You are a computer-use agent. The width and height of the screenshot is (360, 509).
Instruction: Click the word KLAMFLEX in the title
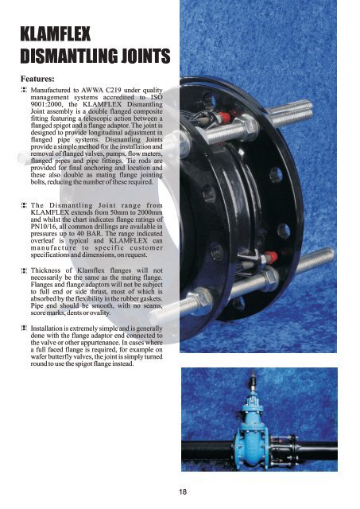coord(56,33)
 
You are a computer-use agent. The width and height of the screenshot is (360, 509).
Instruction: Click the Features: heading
coord(37,79)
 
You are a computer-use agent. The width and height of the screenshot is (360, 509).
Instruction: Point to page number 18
coord(183,492)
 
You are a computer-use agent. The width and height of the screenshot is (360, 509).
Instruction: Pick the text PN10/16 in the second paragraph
coord(42,227)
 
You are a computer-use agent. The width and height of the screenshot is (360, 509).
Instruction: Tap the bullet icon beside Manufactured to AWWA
coord(24,90)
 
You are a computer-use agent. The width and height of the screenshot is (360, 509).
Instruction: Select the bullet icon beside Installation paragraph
coord(24,328)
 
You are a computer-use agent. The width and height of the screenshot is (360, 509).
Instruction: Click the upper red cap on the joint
coord(223,117)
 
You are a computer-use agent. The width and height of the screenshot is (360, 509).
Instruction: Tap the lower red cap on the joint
coord(270,257)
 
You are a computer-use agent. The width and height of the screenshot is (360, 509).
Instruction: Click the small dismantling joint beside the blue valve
coord(283,451)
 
